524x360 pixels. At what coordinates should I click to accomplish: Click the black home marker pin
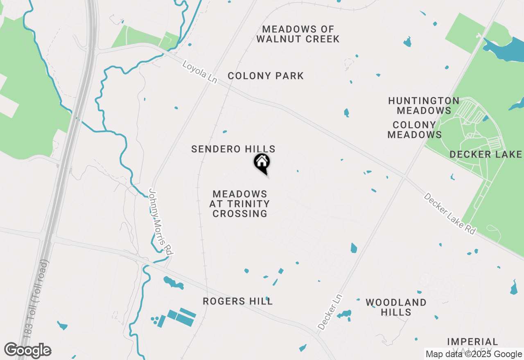click(x=262, y=163)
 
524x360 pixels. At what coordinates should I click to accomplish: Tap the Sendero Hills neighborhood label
click(x=233, y=149)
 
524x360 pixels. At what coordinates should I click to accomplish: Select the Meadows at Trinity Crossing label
click(x=240, y=204)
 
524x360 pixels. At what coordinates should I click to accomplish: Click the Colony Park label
click(x=266, y=76)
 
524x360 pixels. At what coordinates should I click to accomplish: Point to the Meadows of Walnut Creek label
click(x=298, y=34)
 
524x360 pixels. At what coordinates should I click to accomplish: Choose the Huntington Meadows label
click(x=424, y=106)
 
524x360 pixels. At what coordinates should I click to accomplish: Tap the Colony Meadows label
click(x=414, y=130)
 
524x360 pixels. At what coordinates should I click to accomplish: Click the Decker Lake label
click(x=486, y=154)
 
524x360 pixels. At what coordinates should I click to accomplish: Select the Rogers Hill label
click(x=237, y=301)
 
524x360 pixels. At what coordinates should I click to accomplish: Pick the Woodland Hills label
click(x=396, y=307)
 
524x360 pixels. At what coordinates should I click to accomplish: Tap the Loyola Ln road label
click(x=199, y=72)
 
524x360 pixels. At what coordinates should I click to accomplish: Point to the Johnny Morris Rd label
click(x=160, y=222)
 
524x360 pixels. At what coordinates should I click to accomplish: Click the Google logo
click(x=28, y=351)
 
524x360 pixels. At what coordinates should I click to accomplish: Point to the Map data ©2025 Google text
click(x=474, y=354)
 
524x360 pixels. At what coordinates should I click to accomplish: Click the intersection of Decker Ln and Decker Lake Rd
click(x=404, y=177)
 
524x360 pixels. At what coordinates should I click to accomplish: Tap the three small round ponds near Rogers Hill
click(x=155, y=319)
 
